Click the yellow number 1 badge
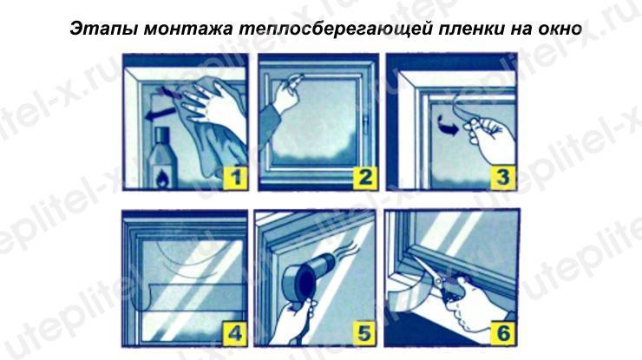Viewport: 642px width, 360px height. click(x=235, y=178)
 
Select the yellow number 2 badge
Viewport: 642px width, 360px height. click(x=365, y=178)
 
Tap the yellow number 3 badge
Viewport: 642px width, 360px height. click(x=503, y=178)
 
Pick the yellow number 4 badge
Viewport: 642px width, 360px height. click(x=234, y=334)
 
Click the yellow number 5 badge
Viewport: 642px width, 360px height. click(x=364, y=334)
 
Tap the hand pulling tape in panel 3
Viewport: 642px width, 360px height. click(x=490, y=138)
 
